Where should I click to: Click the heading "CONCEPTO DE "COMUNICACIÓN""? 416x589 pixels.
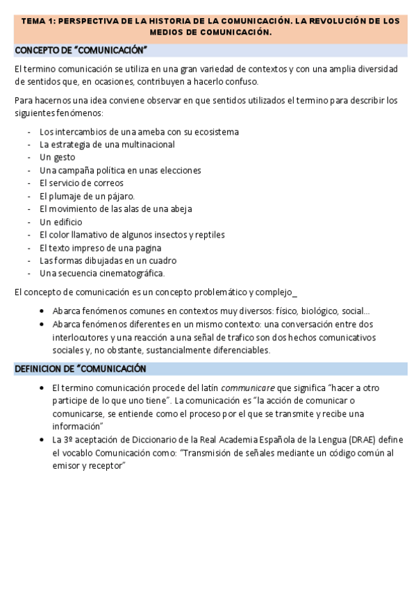point(81,51)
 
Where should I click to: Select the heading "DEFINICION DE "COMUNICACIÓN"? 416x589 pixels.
point(80,368)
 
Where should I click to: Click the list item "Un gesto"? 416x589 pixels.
point(57,157)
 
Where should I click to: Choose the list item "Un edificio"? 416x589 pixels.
point(60,222)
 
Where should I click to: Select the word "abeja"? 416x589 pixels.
point(179,209)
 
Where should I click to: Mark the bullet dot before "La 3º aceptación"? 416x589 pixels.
point(43,440)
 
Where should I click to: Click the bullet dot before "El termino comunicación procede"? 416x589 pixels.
point(43,388)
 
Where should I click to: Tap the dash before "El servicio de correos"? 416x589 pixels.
point(29,183)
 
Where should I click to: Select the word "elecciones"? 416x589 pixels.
point(179,170)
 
